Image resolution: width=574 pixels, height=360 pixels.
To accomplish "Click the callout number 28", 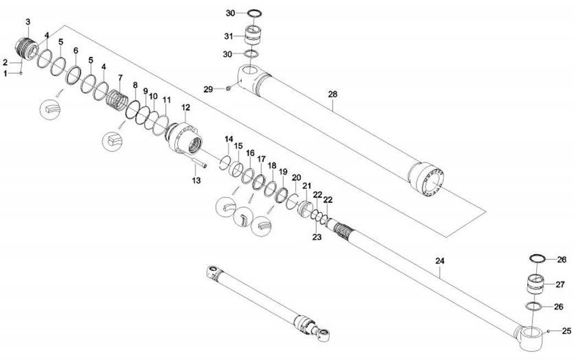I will point(332,94).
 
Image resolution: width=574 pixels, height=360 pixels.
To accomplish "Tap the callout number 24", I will point(439,261).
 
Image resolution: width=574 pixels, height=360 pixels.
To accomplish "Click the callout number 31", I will point(229,36).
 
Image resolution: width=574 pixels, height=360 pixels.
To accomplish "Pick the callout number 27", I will point(560,284).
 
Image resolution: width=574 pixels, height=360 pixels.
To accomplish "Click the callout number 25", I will point(566,331).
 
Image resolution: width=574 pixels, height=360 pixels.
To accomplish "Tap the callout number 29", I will point(207,88).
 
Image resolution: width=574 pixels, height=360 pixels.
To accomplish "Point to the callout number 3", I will point(29,21).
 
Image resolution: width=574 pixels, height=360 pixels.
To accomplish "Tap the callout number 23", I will point(317,237).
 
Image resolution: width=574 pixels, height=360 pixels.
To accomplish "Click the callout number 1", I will point(5,73).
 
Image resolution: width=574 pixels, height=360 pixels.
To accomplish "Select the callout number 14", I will point(229,139).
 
